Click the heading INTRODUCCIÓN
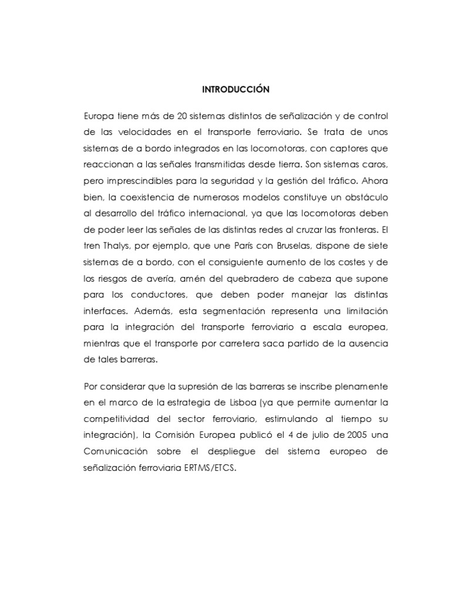(x=235, y=90)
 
